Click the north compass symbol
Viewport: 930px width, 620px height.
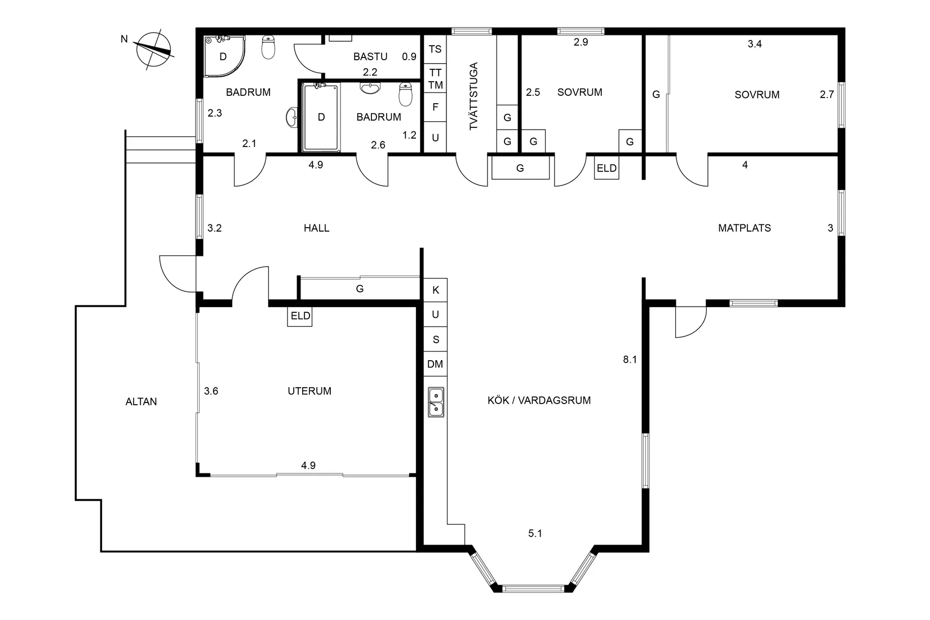click(x=153, y=49)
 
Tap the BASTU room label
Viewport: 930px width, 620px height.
click(x=370, y=56)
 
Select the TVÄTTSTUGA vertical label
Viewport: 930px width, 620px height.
click(x=473, y=96)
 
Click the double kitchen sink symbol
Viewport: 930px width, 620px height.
click(x=436, y=402)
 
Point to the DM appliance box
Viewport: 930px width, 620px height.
click(x=435, y=364)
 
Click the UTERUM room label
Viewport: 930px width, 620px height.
click(x=309, y=391)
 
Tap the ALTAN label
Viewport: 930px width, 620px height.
click(x=141, y=402)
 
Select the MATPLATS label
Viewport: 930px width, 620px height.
click(x=744, y=228)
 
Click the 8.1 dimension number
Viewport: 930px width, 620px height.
click(x=630, y=360)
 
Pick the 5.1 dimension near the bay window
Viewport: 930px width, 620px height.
click(x=535, y=533)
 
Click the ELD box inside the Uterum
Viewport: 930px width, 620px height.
click(x=300, y=316)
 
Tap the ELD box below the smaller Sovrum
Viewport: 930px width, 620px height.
click(x=606, y=168)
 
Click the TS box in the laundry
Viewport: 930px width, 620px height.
click(x=435, y=49)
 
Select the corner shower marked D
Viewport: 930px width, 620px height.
click(x=224, y=56)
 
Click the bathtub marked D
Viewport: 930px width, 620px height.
click(x=321, y=117)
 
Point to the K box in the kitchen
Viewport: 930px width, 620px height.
click(x=435, y=290)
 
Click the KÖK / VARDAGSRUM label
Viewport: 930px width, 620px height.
click(x=539, y=401)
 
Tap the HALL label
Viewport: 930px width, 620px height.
click(x=316, y=228)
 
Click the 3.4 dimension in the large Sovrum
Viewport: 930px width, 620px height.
click(x=754, y=44)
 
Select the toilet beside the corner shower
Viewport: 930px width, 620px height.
click(x=269, y=47)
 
